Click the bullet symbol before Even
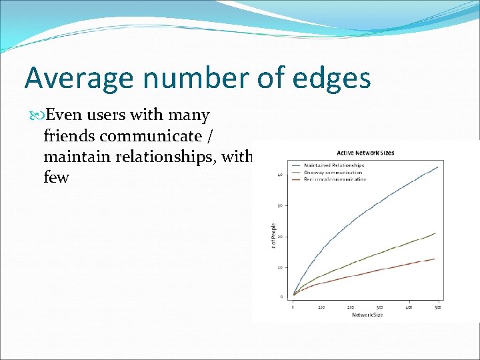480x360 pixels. click(x=37, y=116)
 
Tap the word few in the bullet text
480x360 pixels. click(x=56, y=178)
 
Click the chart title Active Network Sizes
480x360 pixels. click(x=365, y=153)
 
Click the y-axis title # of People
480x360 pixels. click(x=273, y=237)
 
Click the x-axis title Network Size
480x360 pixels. click(x=367, y=315)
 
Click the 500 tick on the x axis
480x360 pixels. click(x=437, y=307)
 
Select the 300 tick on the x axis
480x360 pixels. click(x=379, y=307)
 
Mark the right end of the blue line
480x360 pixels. click(x=438, y=167)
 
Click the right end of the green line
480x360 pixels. click(x=436, y=233)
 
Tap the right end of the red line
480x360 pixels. click(x=435, y=259)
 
